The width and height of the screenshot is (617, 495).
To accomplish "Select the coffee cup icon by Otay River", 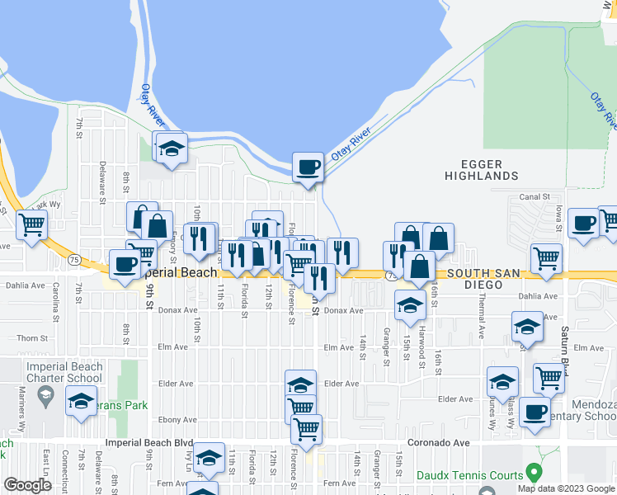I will pos(308,167).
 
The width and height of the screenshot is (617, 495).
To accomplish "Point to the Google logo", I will pos(26,485).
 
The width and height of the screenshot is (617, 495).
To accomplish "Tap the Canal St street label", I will pos(535,196).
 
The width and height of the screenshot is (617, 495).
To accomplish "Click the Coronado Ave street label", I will pos(446,443).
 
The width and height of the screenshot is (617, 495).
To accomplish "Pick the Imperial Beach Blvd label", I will pos(149,443).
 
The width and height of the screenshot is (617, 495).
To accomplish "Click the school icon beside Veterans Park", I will pos(81,401).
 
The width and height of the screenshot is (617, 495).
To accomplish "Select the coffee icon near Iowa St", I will pos(582,223).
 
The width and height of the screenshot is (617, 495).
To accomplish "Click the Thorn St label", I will pos(32,338).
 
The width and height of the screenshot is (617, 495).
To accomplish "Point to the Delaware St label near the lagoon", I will pos(102,183).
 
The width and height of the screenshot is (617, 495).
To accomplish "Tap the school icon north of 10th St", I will pos(172,148).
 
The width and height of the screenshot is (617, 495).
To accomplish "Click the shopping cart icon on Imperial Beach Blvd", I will pos(306,428).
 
